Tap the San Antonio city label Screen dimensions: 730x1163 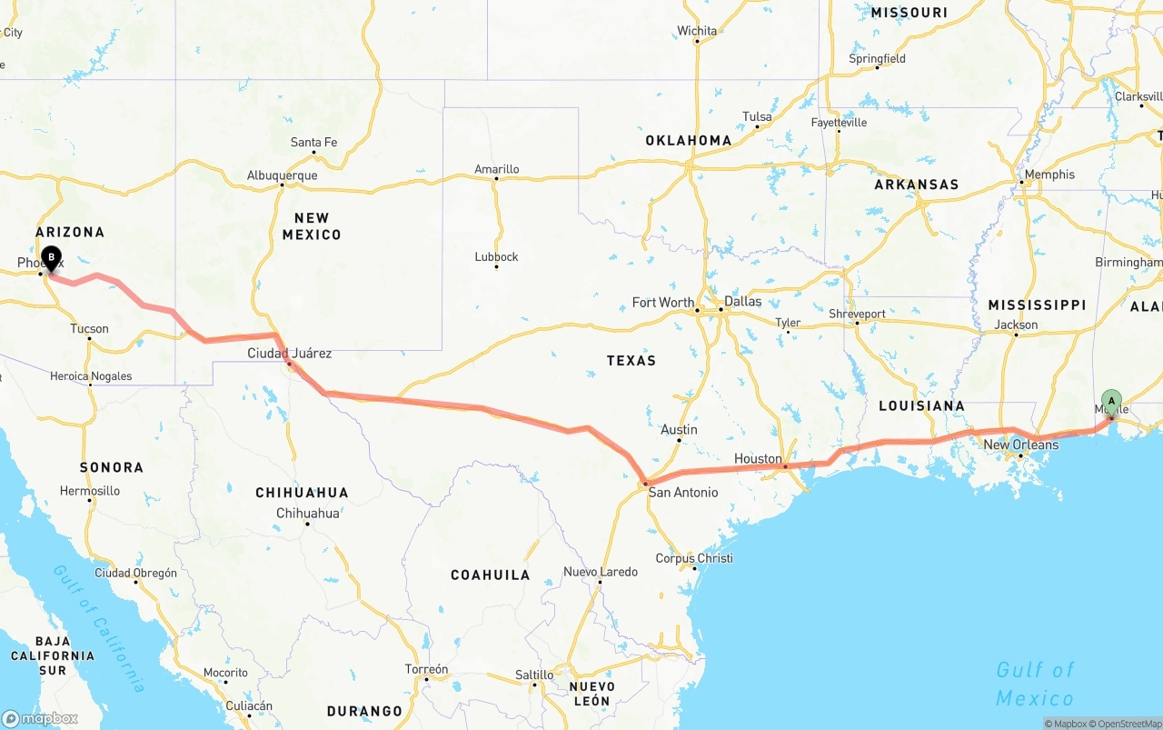click(682, 493)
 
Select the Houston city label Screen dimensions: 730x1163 click(758, 459)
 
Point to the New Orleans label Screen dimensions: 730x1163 click(1020, 445)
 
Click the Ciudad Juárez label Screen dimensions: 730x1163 click(289, 353)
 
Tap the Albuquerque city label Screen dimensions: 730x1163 click(282, 175)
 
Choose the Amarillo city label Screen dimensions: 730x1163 click(496, 169)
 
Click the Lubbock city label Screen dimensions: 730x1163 click(496, 257)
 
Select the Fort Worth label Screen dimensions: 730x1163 click(662, 303)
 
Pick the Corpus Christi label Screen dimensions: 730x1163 click(694, 558)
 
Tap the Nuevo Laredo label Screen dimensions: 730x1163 click(600, 572)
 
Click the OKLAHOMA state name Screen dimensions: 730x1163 click(688, 141)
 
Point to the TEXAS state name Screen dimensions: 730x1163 click(631, 361)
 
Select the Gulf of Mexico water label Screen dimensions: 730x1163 click(1035, 684)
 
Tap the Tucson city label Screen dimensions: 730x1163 click(89, 329)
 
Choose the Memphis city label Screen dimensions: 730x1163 click(1049, 175)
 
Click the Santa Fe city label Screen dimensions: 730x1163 click(313, 143)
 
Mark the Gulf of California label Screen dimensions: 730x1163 click(101, 627)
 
